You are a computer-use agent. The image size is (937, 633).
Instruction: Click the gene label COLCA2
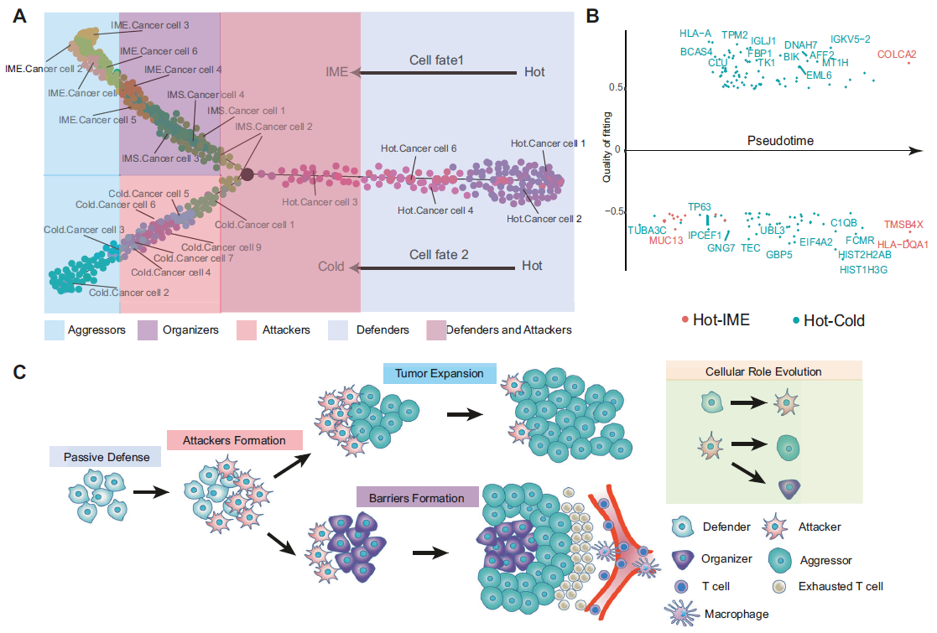click(897, 54)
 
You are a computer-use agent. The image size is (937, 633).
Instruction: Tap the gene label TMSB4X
click(903, 224)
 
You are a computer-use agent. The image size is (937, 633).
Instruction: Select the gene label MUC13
click(666, 241)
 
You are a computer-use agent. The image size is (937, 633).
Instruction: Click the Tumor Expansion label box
click(440, 373)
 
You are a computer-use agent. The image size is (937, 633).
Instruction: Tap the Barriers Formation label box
click(416, 498)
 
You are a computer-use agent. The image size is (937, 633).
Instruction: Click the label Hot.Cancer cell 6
click(418, 149)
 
